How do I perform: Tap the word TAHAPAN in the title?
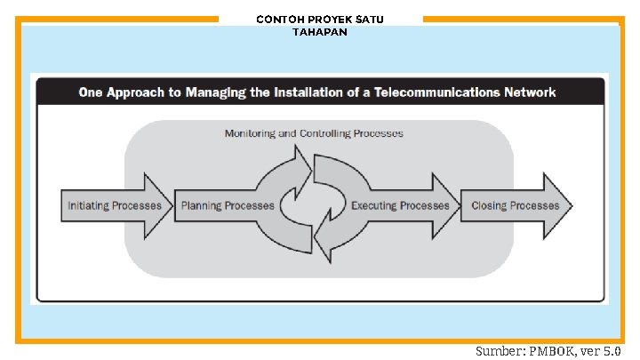(320, 32)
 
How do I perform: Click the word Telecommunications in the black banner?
(436, 92)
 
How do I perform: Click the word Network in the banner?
(530, 92)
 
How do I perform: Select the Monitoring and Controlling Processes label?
(314, 133)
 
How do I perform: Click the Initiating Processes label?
(115, 205)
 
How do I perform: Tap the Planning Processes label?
(228, 205)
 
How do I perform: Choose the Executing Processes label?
(400, 205)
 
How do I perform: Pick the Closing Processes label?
(515, 205)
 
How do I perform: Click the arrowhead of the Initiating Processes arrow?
(158, 205)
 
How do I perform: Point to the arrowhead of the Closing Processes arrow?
(557, 205)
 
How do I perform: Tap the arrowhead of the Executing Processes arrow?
(445, 205)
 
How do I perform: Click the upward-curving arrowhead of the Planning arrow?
(302, 172)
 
